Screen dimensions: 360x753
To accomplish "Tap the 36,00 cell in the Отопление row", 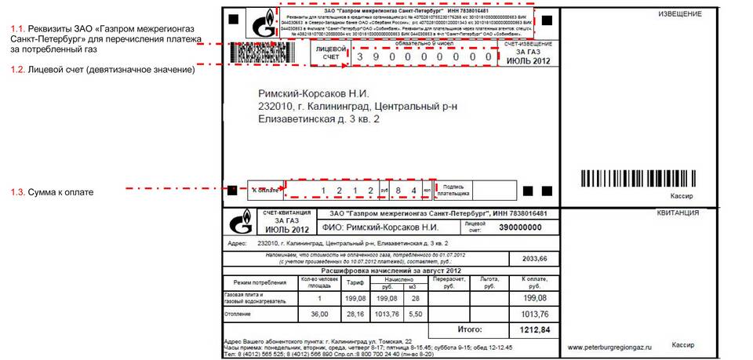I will coord(319,314).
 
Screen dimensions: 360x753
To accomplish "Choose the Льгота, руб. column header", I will coord(489,282).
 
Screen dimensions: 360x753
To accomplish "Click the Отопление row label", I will coord(242,314).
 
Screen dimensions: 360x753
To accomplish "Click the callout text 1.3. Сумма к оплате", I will coord(53,191).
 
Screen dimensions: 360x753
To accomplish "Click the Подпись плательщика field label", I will coord(454,190).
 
